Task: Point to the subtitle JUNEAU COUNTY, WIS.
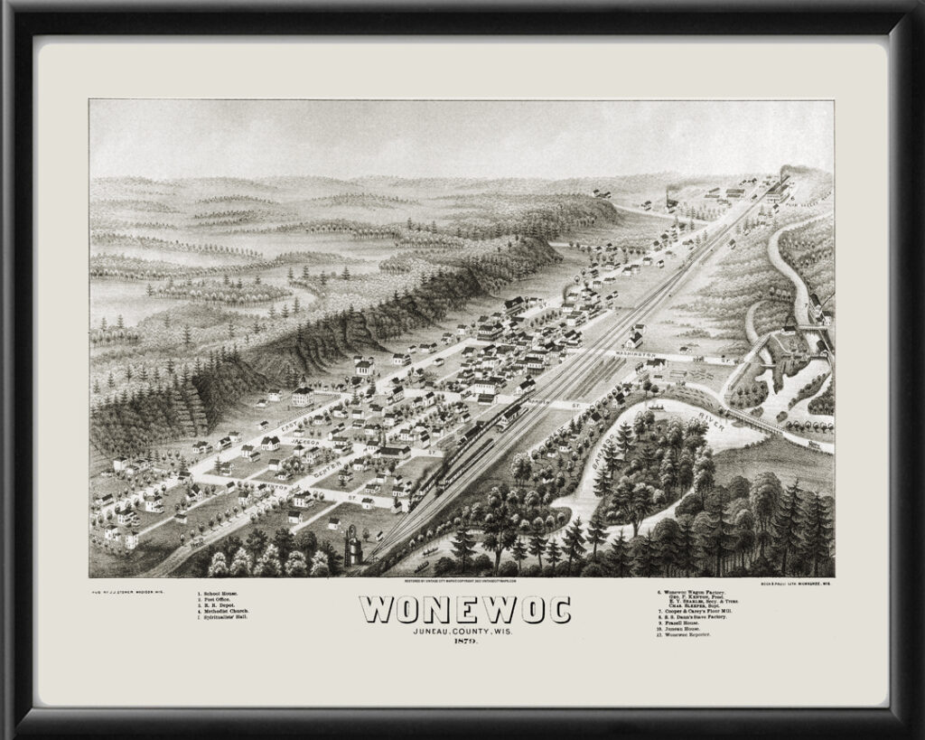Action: (464, 630)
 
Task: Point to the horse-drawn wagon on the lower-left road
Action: (192, 543)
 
